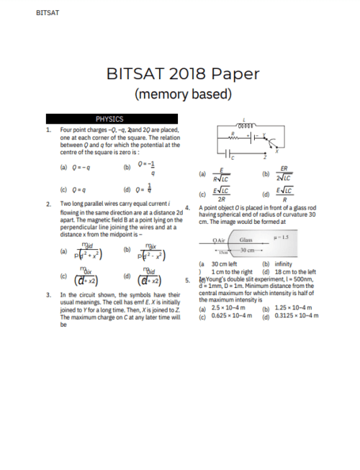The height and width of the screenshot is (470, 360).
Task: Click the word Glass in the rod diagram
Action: click(246, 240)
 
